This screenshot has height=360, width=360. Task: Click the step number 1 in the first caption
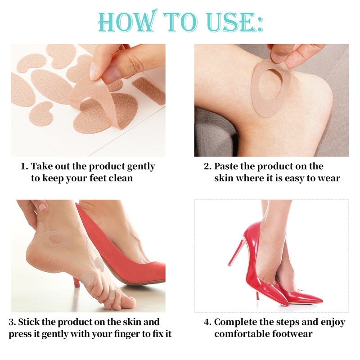point(23,166)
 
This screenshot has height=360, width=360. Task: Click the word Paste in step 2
point(226,166)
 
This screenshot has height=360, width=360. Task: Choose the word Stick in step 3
point(29,322)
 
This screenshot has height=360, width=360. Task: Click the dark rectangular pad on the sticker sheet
point(149,91)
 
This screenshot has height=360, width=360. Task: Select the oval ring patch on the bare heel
point(55,239)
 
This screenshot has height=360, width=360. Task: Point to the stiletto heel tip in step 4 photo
point(229,265)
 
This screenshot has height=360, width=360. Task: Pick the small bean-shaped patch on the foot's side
point(99,264)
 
